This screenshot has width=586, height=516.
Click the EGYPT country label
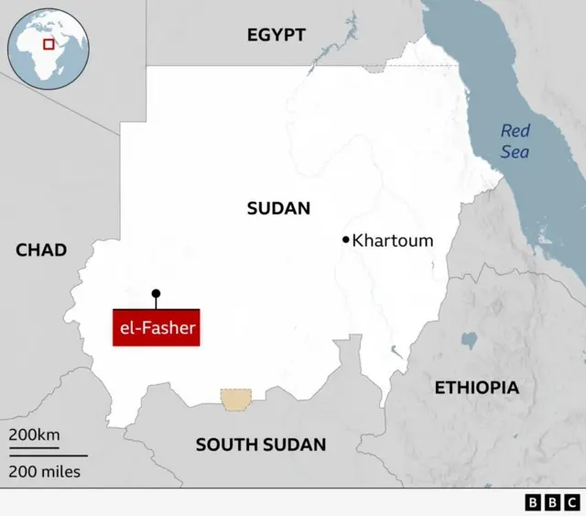tap(276, 35)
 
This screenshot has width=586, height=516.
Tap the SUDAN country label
tap(278, 208)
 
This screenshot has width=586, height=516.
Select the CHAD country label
tap(41, 249)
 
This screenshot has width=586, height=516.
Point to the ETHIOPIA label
tap(476, 387)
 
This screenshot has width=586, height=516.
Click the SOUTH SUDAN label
tap(261, 445)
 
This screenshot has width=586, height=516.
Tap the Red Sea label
tap(515, 141)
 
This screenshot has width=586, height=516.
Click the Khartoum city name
tap(393, 241)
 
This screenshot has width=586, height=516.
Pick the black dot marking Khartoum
tap(346, 240)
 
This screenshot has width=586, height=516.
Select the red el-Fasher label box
tap(157, 326)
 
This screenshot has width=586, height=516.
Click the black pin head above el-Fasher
tap(156, 294)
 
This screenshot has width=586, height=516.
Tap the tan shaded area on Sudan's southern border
tap(235, 399)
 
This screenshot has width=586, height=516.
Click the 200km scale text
tap(34, 434)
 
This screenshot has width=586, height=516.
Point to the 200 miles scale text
tap(45, 472)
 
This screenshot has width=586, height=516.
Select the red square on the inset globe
tap(49, 43)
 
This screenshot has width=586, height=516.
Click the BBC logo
tap(550, 502)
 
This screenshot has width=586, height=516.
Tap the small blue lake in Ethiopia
tap(470, 341)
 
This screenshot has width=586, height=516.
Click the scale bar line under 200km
tap(34, 447)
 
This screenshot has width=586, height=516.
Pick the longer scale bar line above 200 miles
tap(49, 456)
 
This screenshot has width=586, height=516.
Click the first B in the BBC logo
tap(533, 502)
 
